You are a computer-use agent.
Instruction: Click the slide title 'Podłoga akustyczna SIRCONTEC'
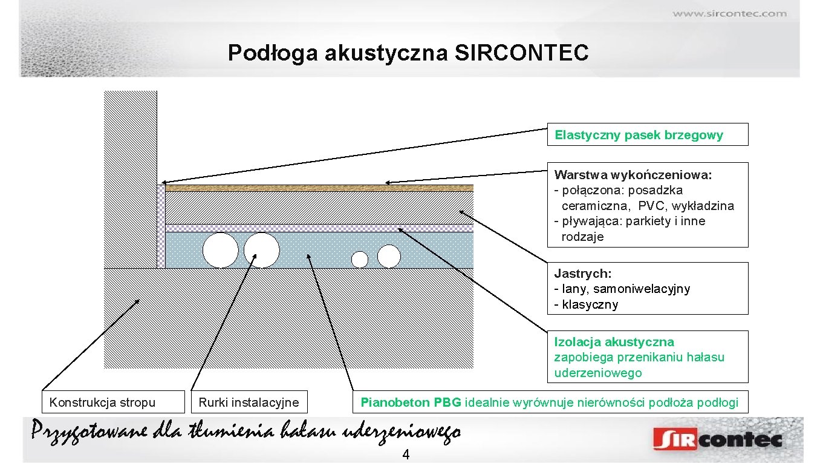(408, 53)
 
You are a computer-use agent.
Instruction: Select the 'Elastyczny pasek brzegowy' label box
(647, 134)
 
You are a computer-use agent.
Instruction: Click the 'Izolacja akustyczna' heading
(614, 342)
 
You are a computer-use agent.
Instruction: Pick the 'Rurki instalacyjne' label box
(249, 402)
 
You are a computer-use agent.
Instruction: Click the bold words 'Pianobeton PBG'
(411, 402)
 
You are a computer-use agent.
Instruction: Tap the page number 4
(406, 455)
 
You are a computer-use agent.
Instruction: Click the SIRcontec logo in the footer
(717, 439)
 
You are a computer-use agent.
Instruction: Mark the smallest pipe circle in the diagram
(360, 260)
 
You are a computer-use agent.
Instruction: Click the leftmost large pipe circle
(220, 250)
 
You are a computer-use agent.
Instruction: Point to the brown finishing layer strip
(319, 188)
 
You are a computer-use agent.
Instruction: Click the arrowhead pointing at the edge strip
(163, 182)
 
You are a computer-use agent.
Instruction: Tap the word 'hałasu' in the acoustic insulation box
(704, 357)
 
